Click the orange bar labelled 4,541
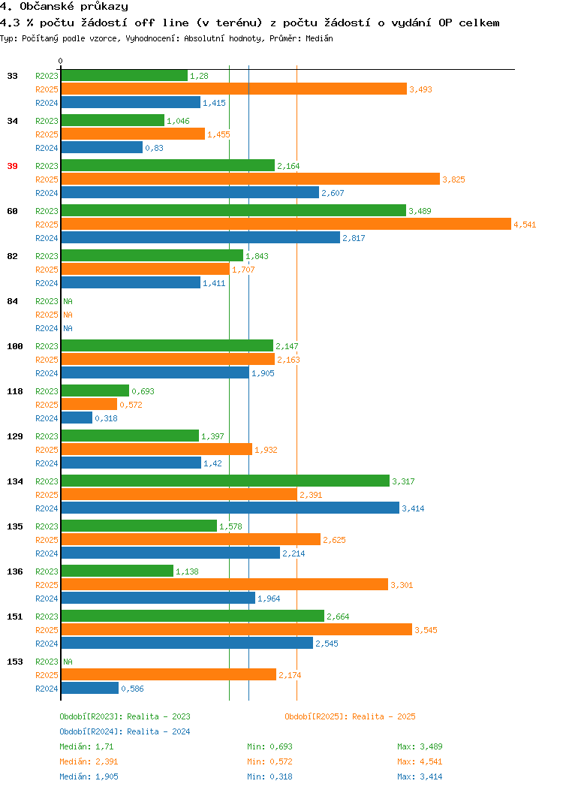[x=286, y=225]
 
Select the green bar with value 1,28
[x=125, y=76]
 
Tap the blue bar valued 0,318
[x=77, y=418]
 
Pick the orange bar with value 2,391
[x=179, y=495]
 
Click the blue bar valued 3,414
[x=230, y=508]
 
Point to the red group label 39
[x=13, y=166]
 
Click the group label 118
[x=15, y=391]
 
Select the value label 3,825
[x=453, y=180]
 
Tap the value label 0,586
[x=132, y=689]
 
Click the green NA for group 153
[x=68, y=662]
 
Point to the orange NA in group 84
[x=68, y=315]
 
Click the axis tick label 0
[x=61, y=61]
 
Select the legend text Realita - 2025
[x=384, y=716]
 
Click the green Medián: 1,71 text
[x=86, y=746]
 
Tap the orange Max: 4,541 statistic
[x=420, y=761]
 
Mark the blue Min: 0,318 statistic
[x=269, y=777]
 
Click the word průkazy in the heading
[x=104, y=7]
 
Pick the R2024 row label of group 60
[x=47, y=238]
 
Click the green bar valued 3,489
[x=233, y=210]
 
